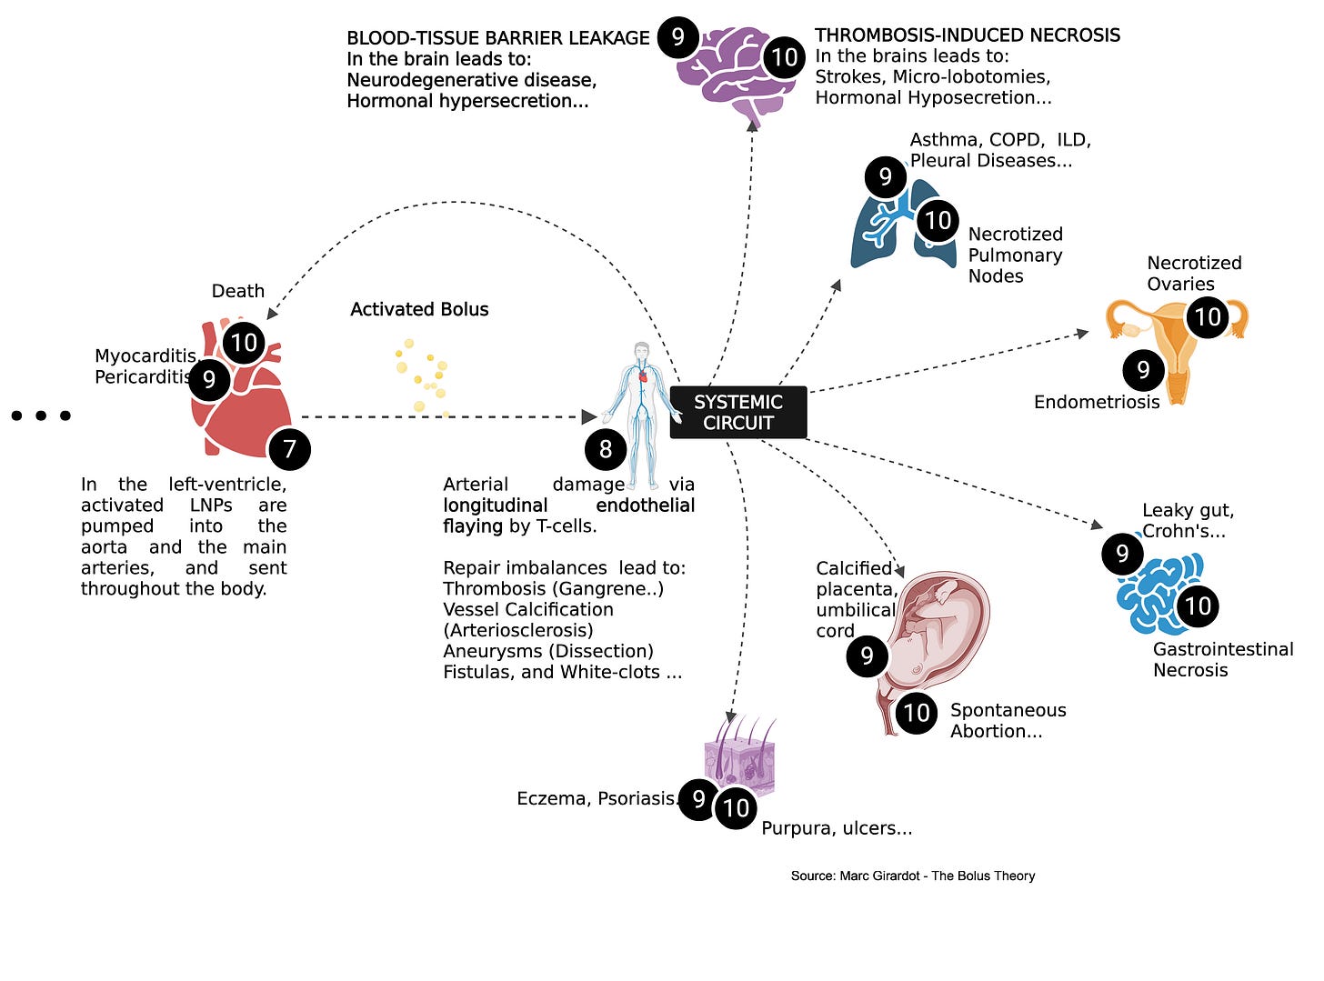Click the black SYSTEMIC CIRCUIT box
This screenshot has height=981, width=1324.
[737, 412]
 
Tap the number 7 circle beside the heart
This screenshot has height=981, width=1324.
[289, 448]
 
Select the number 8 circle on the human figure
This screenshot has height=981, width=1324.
[606, 448]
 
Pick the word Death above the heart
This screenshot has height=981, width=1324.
[238, 291]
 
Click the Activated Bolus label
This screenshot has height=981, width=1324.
[419, 309]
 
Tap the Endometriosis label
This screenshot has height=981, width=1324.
[1097, 402]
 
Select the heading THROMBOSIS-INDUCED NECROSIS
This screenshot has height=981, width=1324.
[968, 35]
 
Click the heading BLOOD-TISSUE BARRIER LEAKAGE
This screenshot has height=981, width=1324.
[498, 38]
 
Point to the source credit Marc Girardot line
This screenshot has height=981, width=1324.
[913, 876]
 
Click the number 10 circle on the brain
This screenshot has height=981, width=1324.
[784, 58]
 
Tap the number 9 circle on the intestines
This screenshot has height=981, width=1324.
[1122, 554]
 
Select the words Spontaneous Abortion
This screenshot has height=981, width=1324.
[1008, 720]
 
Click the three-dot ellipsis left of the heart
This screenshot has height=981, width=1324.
[41, 415]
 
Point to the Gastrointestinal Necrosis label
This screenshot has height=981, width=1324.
[1223, 659]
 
